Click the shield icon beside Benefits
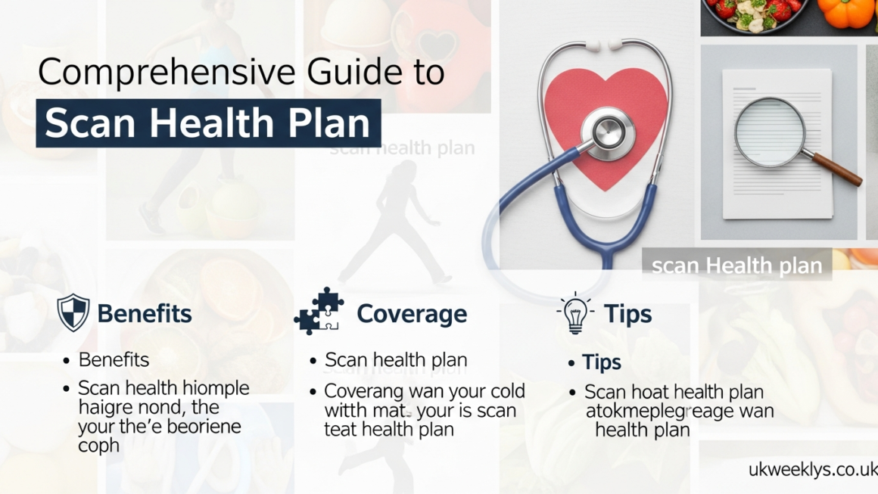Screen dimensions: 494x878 [73, 313]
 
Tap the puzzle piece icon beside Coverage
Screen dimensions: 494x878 [319, 311]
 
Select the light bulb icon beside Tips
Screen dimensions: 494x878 [575, 312]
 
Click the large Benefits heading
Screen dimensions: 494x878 [144, 314]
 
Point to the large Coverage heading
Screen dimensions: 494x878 [412, 314]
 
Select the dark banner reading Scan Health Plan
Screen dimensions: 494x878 [208, 123]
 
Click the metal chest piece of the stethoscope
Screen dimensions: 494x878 [603, 134]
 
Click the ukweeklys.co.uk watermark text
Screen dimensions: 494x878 [812, 469]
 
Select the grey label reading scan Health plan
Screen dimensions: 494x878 [736, 266]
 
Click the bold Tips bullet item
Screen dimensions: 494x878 [601, 362]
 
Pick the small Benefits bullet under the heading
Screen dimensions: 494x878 [114, 360]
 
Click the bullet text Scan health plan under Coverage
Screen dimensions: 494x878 [396, 360]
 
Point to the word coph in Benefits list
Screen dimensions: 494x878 [99, 446]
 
